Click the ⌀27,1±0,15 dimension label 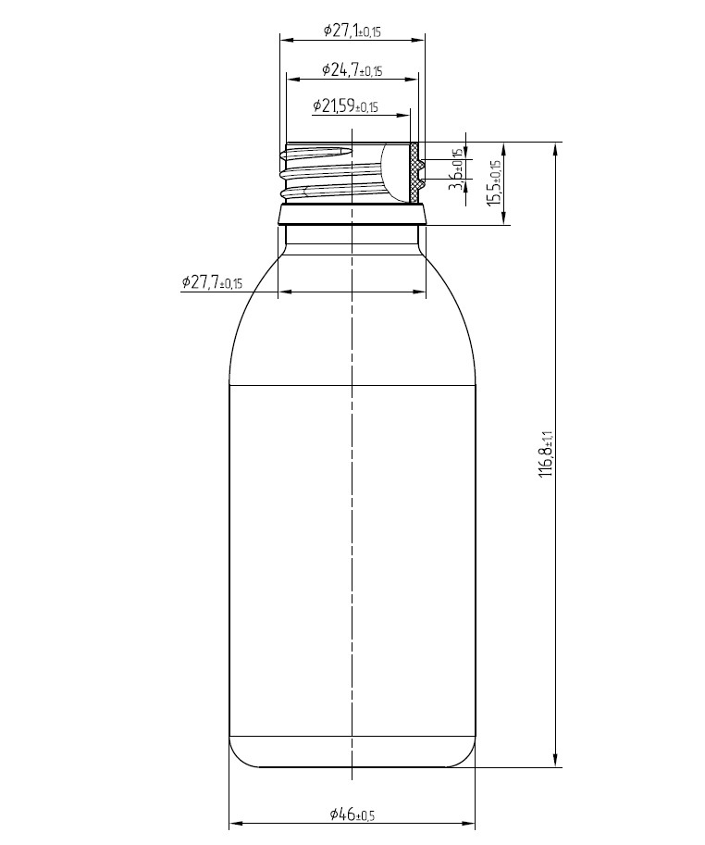(x=352, y=31)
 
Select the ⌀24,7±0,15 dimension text (x=352, y=69)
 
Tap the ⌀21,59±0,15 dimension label (x=346, y=106)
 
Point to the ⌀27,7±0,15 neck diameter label (x=212, y=282)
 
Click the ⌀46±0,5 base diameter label (x=352, y=814)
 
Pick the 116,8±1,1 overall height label (x=547, y=454)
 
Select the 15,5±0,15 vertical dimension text (x=494, y=181)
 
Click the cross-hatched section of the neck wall (x=415, y=172)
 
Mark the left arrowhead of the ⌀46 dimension (x=235, y=824)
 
